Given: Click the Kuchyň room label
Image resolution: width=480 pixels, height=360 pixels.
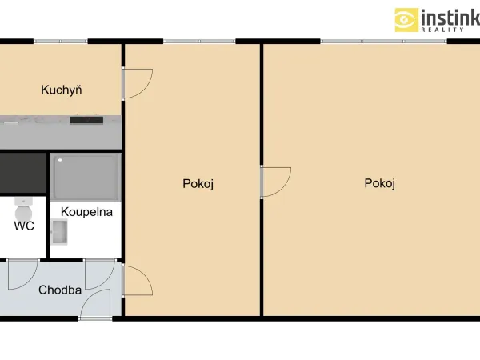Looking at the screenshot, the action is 62,90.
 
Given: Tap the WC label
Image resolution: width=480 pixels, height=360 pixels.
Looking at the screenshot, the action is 24,226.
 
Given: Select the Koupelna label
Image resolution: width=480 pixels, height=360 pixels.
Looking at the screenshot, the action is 86,212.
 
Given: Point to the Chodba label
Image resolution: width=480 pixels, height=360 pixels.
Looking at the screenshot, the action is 60,290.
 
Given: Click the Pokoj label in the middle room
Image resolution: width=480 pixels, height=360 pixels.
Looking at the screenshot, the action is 198,184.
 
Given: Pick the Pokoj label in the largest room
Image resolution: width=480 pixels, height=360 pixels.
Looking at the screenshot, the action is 379,183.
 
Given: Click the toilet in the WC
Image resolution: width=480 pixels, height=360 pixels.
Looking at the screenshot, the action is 23,209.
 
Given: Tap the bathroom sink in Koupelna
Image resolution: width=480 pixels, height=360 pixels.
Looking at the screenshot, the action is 59,232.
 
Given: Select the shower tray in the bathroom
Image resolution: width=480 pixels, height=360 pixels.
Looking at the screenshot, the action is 86,178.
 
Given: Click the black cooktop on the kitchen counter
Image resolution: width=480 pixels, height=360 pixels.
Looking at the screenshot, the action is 86,120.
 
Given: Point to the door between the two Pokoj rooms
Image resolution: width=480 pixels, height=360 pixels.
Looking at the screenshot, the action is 275,182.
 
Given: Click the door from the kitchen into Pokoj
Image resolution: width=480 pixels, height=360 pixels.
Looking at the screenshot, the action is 137,83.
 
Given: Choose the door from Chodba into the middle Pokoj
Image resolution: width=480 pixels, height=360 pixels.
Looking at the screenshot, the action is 137,281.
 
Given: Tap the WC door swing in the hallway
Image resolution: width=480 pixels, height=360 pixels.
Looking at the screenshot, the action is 23,274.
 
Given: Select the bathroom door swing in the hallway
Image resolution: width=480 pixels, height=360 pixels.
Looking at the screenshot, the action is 100,274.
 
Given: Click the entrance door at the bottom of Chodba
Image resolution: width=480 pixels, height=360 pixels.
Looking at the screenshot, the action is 95,305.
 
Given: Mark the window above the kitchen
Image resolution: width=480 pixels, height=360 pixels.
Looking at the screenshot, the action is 61,42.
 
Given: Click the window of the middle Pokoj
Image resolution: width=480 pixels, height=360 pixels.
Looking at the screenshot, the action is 199,42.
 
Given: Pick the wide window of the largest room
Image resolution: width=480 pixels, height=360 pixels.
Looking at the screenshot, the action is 383,42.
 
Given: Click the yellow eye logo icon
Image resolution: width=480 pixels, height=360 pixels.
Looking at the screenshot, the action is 406,20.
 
